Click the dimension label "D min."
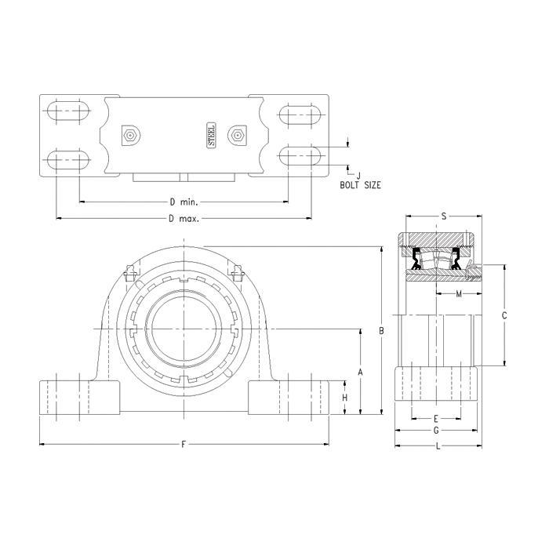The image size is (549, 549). (x=183, y=202)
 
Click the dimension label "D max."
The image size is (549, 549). (x=183, y=219)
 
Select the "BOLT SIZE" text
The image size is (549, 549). (x=360, y=186)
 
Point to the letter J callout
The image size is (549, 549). (x=358, y=175)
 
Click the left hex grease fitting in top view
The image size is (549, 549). (x=130, y=136)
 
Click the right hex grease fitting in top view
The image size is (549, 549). (x=237, y=136)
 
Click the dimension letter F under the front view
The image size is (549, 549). (x=183, y=445)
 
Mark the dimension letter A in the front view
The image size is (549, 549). (x=360, y=371)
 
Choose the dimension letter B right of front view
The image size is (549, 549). (x=381, y=331)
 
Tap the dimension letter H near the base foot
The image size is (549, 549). (x=345, y=398)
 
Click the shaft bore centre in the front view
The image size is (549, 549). (x=183, y=326)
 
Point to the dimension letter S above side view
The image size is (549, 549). (x=444, y=216)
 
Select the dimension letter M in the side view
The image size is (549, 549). (x=458, y=294)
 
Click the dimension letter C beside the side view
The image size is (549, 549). (x=504, y=315)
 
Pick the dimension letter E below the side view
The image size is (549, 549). (x=435, y=418)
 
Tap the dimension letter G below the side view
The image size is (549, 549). (x=435, y=431)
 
